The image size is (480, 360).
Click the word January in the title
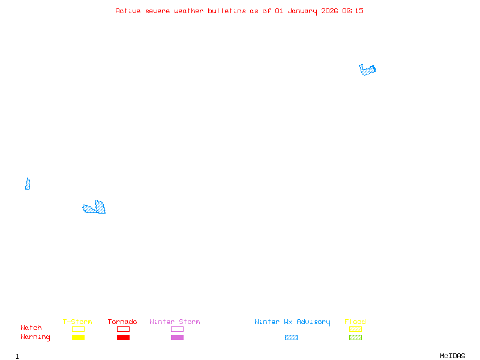[301, 11]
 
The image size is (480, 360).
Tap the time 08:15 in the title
[353, 11]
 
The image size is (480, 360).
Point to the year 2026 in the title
[329, 11]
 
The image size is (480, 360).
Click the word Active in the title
[128, 11]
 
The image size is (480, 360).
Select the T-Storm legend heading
[77, 322]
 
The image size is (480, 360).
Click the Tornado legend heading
[122, 322]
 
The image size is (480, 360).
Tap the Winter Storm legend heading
[175, 322]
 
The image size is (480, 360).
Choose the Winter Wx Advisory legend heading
[292, 322]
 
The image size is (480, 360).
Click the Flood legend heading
[355, 322]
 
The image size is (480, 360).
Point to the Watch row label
[31, 328]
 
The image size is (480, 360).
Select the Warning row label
[35, 337]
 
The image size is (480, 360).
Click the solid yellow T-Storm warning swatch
[78, 338]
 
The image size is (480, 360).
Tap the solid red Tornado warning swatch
[123, 338]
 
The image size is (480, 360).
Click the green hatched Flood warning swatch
[355, 338]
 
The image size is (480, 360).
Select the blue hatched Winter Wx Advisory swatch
[291, 338]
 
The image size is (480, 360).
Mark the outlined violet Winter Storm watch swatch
[177, 329]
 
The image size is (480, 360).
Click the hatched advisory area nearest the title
[367, 70]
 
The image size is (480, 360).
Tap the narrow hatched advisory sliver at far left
[28, 184]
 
